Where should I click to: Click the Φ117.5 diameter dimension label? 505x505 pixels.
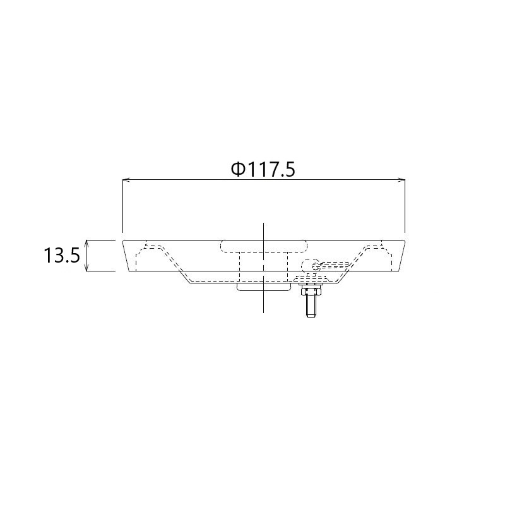(263, 169)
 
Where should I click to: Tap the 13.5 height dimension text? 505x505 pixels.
(61, 256)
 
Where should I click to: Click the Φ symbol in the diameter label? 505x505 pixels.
(238, 169)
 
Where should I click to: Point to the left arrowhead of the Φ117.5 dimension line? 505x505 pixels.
(126, 180)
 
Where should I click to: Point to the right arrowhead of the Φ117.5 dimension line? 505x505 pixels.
(401, 180)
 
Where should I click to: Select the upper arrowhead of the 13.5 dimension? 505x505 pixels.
(86, 244)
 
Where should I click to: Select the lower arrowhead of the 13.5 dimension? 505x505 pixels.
(86, 267)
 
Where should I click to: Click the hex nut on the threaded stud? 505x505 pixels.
(311, 292)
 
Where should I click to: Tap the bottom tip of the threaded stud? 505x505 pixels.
(311, 317)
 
